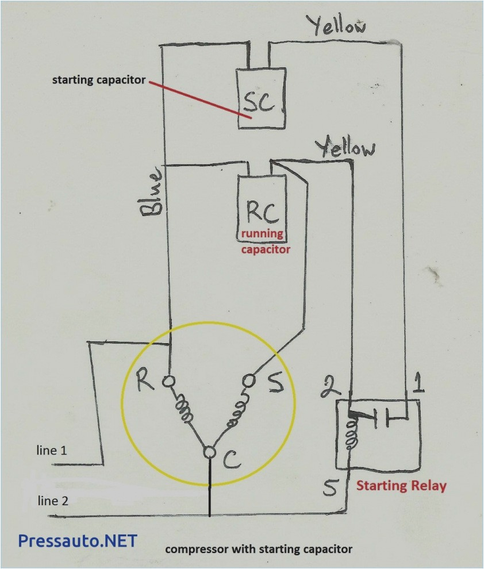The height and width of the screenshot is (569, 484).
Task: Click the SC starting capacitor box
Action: click(261, 98)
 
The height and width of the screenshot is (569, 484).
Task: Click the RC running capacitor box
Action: click(262, 204)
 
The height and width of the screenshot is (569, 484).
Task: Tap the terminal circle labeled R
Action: click(169, 380)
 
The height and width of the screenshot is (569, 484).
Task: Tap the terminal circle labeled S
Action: click(249, 380)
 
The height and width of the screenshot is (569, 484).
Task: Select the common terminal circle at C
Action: click(209, 453)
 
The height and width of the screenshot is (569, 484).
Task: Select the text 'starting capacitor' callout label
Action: click(99, 80)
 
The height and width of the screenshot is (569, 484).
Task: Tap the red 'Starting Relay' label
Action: click(401, 486)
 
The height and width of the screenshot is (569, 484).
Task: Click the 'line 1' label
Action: click(52, 451)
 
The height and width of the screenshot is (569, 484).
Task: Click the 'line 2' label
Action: click(53, 501)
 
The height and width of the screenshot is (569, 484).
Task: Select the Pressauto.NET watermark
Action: click(78, 541)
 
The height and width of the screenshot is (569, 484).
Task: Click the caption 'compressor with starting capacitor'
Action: click(259, 549)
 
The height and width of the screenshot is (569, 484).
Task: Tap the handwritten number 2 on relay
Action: click(329, 386)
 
